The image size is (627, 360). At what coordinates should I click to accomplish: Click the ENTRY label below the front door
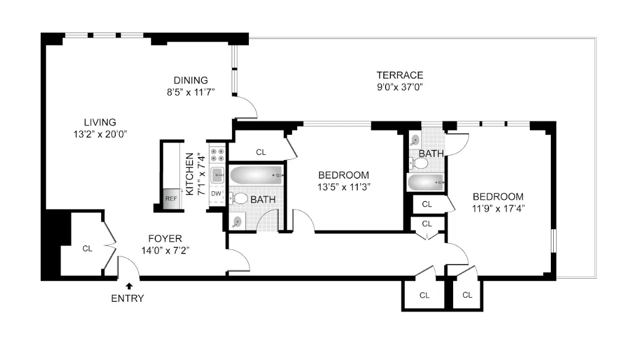click(127, 298)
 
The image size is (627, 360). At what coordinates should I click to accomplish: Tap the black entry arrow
click(129, 285)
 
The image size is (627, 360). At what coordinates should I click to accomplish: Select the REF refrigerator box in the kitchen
click(171, 198)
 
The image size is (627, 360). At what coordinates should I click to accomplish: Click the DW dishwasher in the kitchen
click(216, 194)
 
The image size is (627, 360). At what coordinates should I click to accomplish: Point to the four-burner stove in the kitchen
click(217, 154)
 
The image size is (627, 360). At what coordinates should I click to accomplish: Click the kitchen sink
click(218, 173)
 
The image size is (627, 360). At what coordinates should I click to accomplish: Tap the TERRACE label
click(400, 75)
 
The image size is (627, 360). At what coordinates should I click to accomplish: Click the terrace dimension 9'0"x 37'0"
click(400, 87)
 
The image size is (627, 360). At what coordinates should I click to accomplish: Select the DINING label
click(191, 80)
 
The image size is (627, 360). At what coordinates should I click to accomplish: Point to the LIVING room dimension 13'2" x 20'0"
click(96, 134)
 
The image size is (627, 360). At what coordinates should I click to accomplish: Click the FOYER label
click(165, 238)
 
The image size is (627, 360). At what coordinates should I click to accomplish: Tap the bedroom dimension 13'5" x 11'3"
click(344, 187)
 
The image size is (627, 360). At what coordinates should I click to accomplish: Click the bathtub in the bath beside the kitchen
click(256, 175)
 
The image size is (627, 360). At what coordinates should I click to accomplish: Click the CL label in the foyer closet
click(87, 249)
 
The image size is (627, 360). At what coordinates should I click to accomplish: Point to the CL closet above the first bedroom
click(261, 152)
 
